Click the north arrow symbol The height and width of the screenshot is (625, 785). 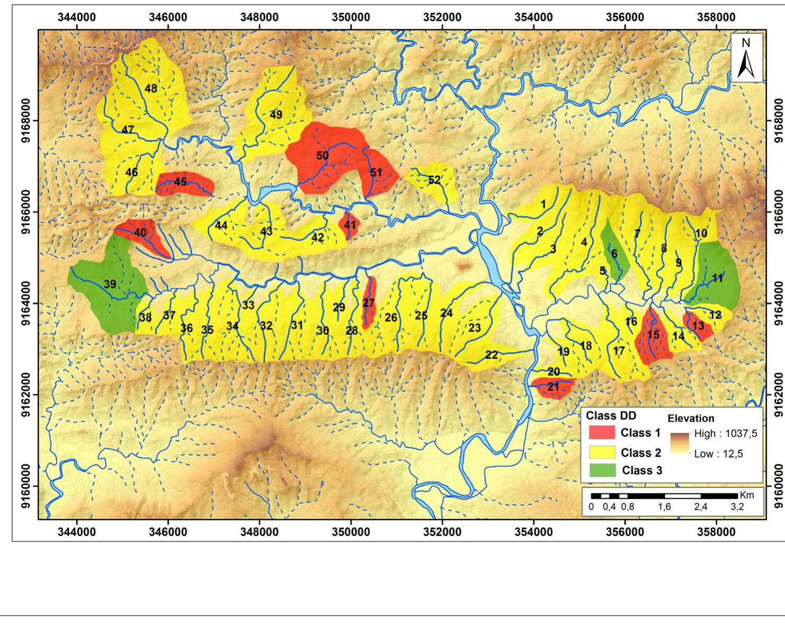tap(747, 58)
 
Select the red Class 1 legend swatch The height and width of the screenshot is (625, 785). tap(602, 433)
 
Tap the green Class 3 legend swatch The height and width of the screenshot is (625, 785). tap(602, 470)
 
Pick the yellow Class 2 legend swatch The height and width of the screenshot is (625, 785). tap(602, 452)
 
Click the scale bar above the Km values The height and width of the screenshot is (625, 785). tap(664, 496)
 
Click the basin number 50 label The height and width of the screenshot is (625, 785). tap(323, 156)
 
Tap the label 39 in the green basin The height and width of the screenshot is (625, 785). tap(110, 284)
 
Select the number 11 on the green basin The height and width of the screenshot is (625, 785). tap(717, 278)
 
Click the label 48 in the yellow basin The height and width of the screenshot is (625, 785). tap(151, 88)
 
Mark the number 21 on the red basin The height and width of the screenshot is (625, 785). tap(553, 387)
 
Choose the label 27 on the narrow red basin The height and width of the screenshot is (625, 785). tap(369, 303)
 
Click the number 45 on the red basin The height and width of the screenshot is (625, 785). tap(180, 182)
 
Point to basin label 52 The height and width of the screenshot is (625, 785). tap(434, 180)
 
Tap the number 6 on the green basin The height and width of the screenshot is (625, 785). tap(614, 254)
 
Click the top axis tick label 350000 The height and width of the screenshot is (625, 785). tap(351, 17)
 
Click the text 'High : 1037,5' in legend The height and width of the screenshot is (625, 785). tap(725, 434)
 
